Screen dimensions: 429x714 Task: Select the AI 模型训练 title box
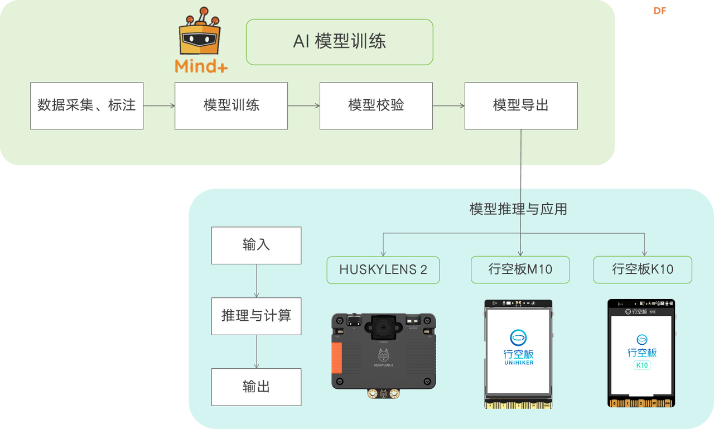[x=339, y=42]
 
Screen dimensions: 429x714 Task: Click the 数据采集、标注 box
[x=86, y=105]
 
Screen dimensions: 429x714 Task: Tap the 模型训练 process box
[x=231, y=105]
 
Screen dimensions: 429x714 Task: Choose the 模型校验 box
[x=375, y=105]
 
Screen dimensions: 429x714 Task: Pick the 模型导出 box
[x=520, y=105]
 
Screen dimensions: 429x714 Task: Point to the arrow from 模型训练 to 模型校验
[x=303, y=105]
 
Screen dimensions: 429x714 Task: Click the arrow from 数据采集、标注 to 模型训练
[x=159, y=105]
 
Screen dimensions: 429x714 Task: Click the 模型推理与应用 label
[x=518, y=209]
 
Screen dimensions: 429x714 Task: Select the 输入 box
[x=256, y=245]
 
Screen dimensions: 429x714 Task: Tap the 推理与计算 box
[x=256, y=316]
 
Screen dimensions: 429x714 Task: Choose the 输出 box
[x=256, y=387]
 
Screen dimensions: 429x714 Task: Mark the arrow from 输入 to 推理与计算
[x=256, y=281]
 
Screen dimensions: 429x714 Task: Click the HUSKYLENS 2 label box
[x=383, y=270]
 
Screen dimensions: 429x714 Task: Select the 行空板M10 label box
[x=520, y=270]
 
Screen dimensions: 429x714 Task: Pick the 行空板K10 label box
[x=642, y=270]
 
